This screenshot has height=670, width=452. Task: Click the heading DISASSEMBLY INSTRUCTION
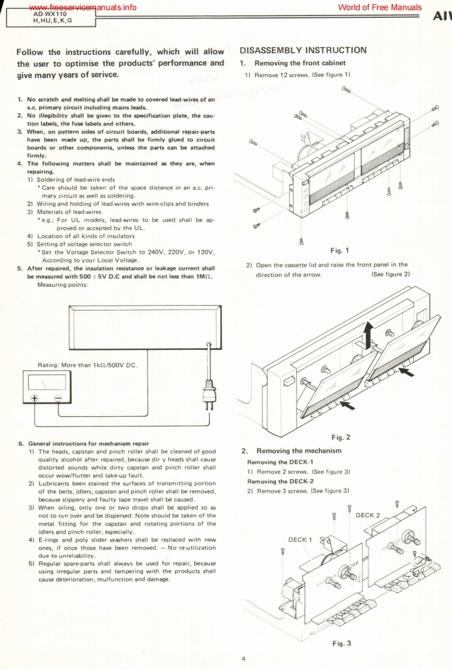click(x=303, y=50)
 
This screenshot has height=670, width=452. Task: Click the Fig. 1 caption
click(x=339, y=250)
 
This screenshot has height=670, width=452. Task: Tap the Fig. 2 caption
click(x=340, y=437)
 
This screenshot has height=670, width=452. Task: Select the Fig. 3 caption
click(x=341, y=643)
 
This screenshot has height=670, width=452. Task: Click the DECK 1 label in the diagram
click(x=300, y=539)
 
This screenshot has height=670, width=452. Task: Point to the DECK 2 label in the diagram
click(x=368, y=515)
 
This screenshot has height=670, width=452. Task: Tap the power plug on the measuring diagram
click(x=209, y=391)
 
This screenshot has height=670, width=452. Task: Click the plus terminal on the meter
click(x=34, y=398)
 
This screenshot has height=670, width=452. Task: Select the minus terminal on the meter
click(x=58, y=398)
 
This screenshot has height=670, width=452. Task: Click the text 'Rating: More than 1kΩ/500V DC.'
click(x=88, y=365)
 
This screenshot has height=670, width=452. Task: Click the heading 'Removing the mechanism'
click(x=298, y=450)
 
